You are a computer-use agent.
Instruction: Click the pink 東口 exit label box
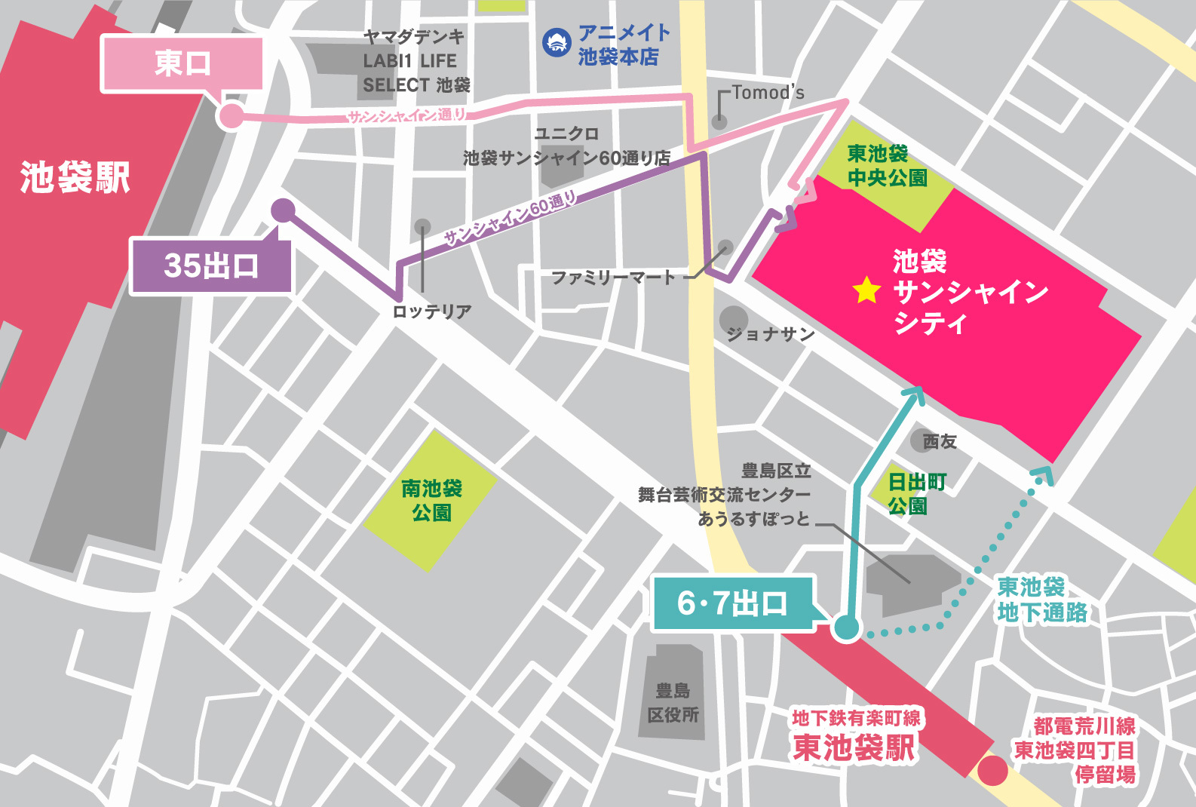182,63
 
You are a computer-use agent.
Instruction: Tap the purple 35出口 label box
211,265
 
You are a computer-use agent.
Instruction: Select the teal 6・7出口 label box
731,603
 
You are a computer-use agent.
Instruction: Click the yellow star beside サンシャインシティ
866,290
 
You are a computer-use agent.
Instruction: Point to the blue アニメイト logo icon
557,43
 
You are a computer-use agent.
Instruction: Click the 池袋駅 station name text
75,178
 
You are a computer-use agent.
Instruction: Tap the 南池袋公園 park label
431,500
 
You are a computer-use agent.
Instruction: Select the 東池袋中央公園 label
887,165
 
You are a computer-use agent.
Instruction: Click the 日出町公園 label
915,493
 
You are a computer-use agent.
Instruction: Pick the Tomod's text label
768,93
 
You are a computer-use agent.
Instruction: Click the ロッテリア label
432,311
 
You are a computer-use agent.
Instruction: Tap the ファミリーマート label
612,278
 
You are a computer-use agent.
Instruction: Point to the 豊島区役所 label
673,702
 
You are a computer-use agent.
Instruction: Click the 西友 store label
940,442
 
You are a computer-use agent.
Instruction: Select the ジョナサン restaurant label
770,333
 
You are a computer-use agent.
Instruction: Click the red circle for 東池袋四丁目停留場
992,771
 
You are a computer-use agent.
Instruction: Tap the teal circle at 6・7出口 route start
846,627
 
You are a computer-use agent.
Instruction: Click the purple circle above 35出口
283,210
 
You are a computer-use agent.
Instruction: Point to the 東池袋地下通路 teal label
1041,600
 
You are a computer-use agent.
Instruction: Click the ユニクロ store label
566,133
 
